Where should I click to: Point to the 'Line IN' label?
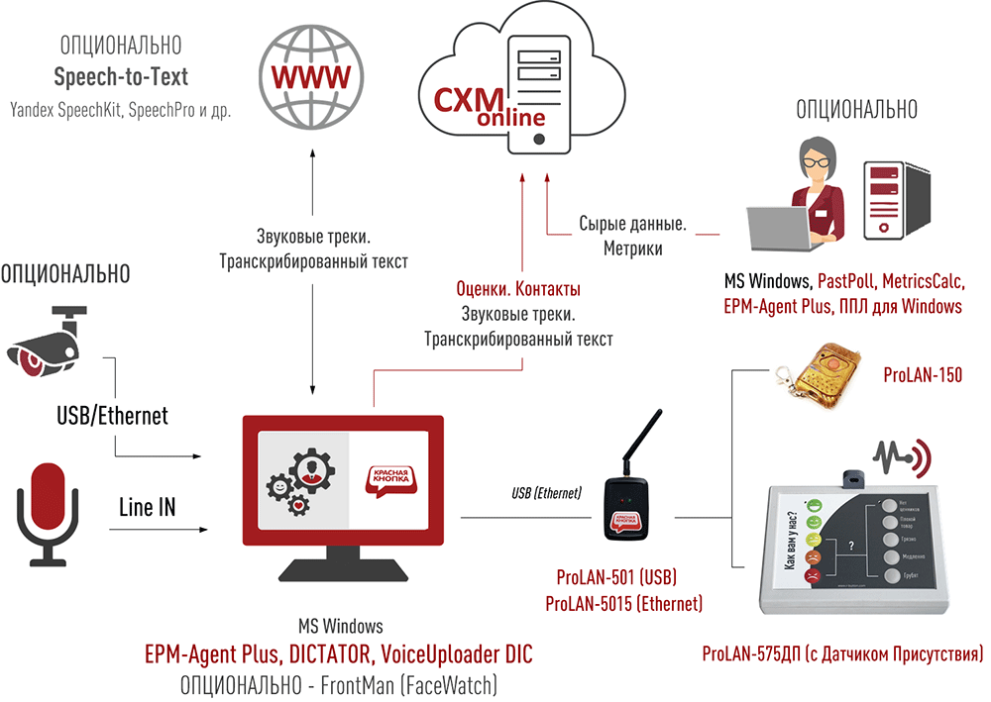tap(147, 508)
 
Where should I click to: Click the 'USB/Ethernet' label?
tap(112, 416)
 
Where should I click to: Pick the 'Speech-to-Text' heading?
tap(121, 76)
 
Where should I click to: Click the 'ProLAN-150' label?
tap(921, 377)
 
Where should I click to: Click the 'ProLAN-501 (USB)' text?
tap(616, 577)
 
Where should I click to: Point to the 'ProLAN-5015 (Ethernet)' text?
tap(623, 603)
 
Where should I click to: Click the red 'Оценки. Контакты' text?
tap(518, 289)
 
